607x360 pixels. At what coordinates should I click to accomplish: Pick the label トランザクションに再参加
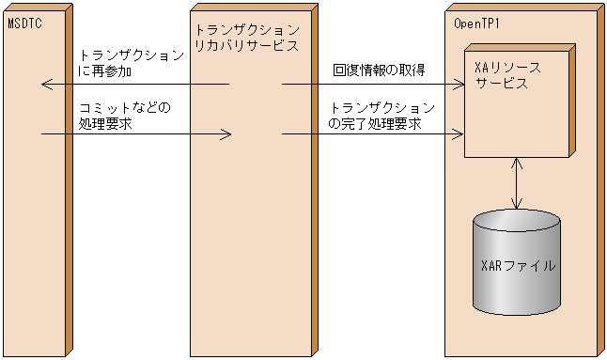tap(131, 64)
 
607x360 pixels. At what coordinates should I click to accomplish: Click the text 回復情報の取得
tap(379, 70)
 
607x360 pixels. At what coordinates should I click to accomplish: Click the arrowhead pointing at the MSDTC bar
tap(47, 85)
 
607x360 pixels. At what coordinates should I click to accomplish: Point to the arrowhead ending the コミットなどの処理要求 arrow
tap(226, 134)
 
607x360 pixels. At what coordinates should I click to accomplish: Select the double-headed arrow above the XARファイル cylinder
tap(516, 184)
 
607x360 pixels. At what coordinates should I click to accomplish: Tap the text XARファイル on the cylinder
tap(516, 265)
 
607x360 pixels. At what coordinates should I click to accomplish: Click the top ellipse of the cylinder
tap(516, 224)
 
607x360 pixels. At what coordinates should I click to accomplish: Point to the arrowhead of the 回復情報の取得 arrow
tap(459, 85)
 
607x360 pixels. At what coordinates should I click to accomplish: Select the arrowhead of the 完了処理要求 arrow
tap(459, 134)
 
